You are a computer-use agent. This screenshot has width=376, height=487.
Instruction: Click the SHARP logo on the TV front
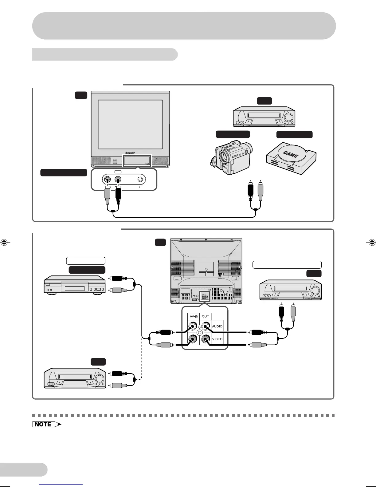click(x=130, y=152)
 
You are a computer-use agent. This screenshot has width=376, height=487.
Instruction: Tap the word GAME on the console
click(x=290, y=154)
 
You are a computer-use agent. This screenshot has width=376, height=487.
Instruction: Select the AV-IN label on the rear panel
click(x=194, y=316)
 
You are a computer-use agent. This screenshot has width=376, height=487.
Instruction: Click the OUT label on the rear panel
click(x=206, y=316)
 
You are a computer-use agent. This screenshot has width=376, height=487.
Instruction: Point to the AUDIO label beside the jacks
click(x=217, y=326)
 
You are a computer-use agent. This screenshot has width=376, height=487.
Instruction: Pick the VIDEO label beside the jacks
click(x=217, y=339)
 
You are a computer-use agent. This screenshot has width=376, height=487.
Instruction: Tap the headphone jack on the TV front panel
click(x=140, y=179)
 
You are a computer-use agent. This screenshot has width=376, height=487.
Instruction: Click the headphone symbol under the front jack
click(x=140, y=187)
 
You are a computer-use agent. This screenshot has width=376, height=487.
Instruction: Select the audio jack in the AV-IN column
click(x=193, y=326)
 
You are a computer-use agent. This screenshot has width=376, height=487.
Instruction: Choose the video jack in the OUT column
click(x=205, y=339)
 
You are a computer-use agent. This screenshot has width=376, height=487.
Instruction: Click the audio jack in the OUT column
click(x=205, y=326)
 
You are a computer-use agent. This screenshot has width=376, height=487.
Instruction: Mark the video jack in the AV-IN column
click(x=193, y=339)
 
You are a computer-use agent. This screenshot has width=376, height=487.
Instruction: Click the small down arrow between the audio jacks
click(x=199, y=327)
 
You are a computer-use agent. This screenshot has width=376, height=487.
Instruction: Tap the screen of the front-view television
click(x=130, y=124)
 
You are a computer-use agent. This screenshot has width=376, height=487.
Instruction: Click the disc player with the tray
click(x=75, y=285)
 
